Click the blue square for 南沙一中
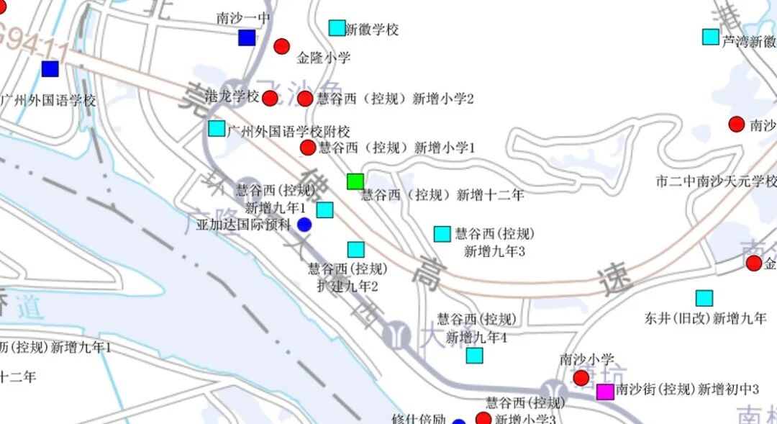coord(247,38)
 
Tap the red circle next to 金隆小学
coord(281,47)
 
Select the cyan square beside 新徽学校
coord(337,28)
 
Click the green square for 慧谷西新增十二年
coord(355,181)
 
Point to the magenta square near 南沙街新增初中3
coord(605,392)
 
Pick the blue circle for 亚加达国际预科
coord(304,225)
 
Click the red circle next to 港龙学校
coord(270,98)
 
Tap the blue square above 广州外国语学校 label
coord(50,69)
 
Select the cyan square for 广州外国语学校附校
coord(217,129)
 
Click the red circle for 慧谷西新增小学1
coord(308,148)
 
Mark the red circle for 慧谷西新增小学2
coord(305,99)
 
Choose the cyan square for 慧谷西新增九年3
coord(442,234)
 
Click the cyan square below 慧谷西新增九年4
coord(474,355)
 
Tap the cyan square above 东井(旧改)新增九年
coord(704,298)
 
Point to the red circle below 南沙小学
coord(581,378)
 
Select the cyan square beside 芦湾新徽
coord(710,36)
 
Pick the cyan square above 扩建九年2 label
coord(356,250)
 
